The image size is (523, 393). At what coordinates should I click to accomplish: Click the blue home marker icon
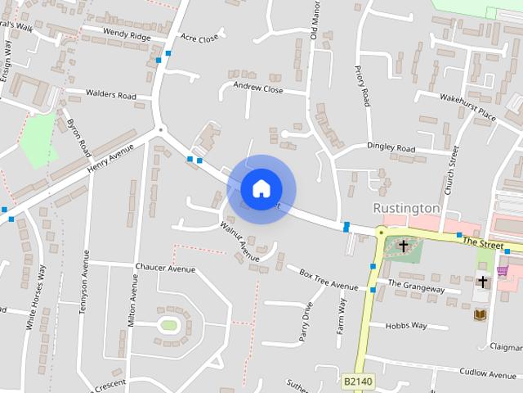261,189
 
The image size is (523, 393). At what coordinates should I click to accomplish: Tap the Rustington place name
406,208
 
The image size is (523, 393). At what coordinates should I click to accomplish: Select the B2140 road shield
357,382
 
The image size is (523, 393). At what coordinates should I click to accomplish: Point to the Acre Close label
199,38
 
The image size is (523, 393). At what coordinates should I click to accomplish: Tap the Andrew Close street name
257,88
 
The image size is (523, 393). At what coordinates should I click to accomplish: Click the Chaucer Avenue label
166,269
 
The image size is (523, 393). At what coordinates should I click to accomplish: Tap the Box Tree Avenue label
329,279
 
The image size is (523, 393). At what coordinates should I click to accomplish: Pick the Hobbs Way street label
408,325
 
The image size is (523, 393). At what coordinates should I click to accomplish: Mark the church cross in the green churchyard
403,246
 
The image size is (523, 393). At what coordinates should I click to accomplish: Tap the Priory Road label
362,85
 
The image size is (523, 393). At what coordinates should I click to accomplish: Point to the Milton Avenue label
132,300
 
